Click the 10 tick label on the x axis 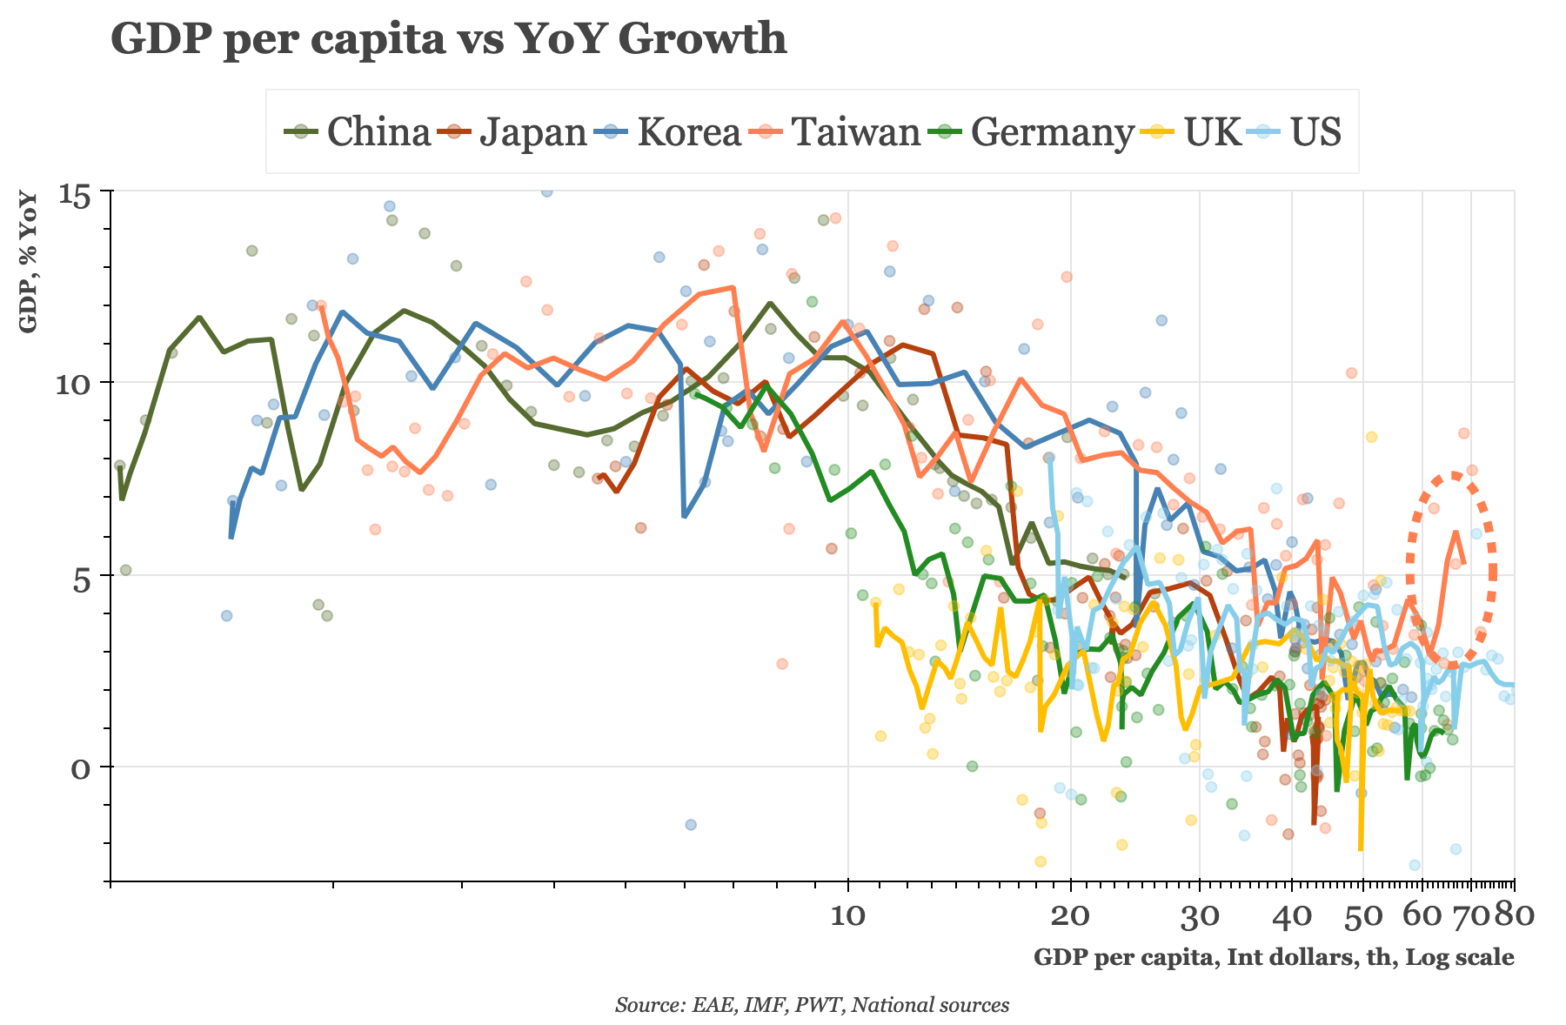click(847, 915)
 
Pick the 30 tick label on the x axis click(1200, 915)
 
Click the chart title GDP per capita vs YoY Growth click(448, 39)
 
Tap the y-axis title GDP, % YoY click(29, 261)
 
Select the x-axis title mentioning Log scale click(1273, 957)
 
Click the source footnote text click(812, 1005)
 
